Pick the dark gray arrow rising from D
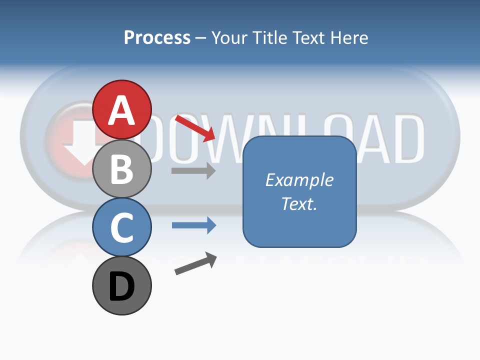pyautogui.click(x=195, y=263)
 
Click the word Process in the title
pyautogui.click(x=157, y=38)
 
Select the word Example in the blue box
pyautogui.click(x=299, y=180)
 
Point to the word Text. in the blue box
pyautogui.click(x=299, y=203)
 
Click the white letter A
pyautogui.click(x=122, y=111)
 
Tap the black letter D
pyautogui.click(x=122, y=286)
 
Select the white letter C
pyautogui.click(x=122, y=227)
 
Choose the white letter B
pyautogui.click(x=122, y=169)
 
